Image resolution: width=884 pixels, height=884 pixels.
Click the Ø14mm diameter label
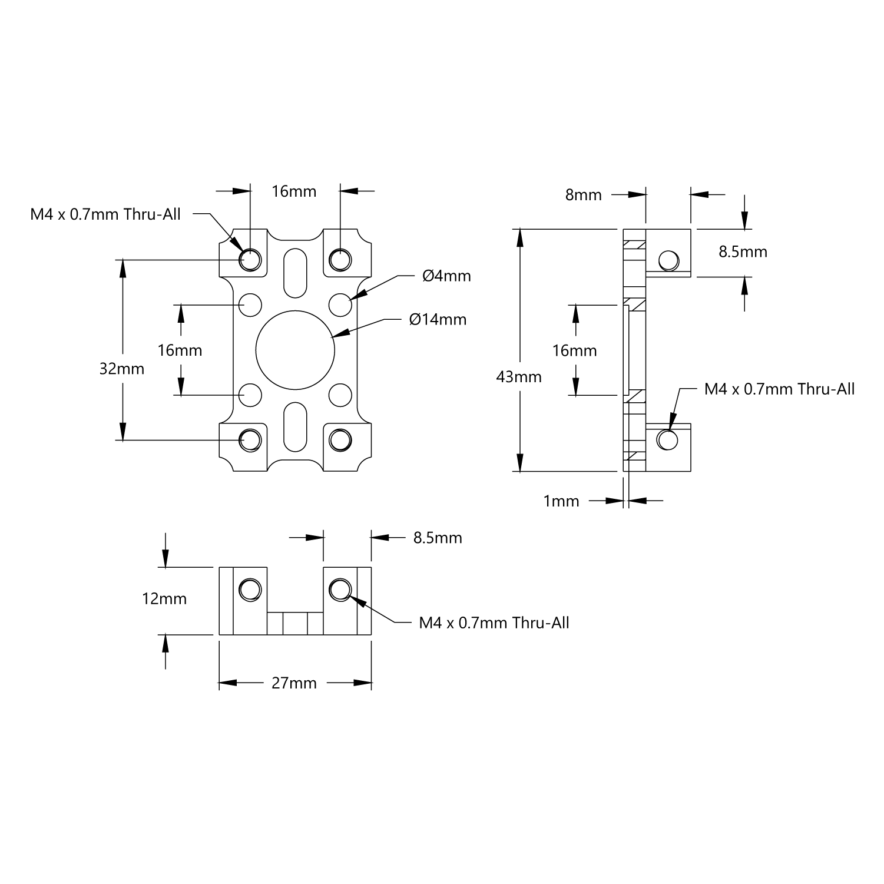point(438,320)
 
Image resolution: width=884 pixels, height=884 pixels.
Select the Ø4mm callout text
point(446,276)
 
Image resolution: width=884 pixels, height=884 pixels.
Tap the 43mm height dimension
point(519,376)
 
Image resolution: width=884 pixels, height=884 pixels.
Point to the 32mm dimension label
point(122,369)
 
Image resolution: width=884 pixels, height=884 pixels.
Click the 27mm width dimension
point(294,683)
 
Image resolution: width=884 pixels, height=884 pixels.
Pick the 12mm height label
point(164,599)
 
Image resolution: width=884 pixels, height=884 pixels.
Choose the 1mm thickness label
point(561,501)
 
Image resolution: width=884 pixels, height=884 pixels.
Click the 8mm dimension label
point(583,195)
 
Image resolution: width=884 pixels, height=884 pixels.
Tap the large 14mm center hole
point(296,350)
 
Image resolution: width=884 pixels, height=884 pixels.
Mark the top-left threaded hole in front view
point(251,259)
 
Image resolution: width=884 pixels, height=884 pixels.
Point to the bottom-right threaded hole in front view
point(340,439)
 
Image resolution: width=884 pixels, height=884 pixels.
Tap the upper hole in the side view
point(668,260)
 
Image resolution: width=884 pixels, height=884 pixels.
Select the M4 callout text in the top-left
point(105,214)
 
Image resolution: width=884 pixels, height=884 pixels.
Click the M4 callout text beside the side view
point(779,389)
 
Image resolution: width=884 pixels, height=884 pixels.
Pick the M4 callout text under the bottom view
point(494,623)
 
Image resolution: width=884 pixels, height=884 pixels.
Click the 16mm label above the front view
point(294,191)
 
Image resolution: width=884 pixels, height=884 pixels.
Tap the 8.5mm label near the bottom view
point(438,538)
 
